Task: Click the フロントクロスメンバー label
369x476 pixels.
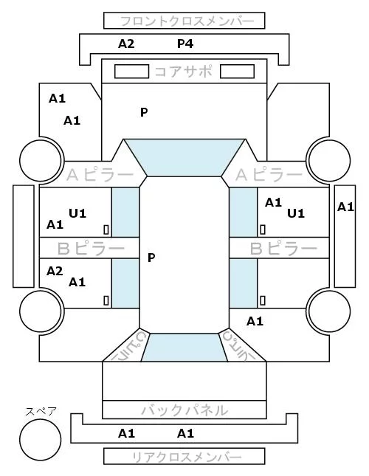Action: [x=187, y=21]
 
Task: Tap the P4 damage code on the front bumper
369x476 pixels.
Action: [x=185, y=44]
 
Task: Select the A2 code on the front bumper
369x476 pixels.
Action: [x=126, y=44]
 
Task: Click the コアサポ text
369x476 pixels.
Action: [x=183, y=72]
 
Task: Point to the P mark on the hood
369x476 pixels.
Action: [x=144, y=113]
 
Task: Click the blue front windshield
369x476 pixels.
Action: [x=184, y=157]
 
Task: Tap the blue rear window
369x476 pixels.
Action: [x=184, y=348]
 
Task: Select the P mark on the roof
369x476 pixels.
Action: [x=151, y=258]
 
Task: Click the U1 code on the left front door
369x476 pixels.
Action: [x=77, y=214]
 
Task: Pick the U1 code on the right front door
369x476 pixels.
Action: [x=296, y=214]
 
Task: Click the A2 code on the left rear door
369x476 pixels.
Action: [x=55, y=271]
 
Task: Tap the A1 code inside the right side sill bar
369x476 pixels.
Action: [x=345, y=207]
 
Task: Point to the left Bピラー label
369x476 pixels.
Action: [x=91, y=249]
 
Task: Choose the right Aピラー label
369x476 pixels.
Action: [x=269, y=175]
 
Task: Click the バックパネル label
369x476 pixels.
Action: [x=184, y=410]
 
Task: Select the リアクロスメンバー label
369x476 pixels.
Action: [x=187, y=457]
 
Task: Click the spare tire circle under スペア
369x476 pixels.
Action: [x=41, y=440]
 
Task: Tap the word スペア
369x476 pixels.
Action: [x=41, y=412]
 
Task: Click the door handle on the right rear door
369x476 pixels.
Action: [x=263, y=300]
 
